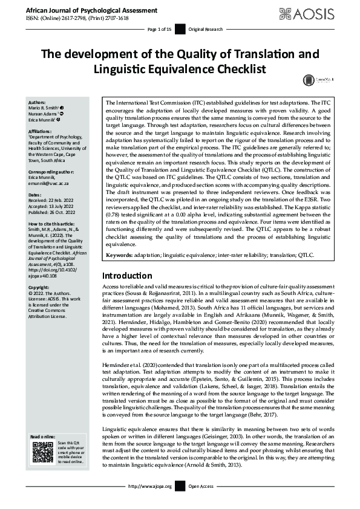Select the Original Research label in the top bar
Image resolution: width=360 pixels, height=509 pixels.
(204, 29)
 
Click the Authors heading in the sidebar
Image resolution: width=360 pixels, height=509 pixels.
(37, 103)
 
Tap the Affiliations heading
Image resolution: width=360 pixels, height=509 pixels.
(40, 130)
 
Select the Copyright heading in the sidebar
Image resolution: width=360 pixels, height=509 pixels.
(39, 288)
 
